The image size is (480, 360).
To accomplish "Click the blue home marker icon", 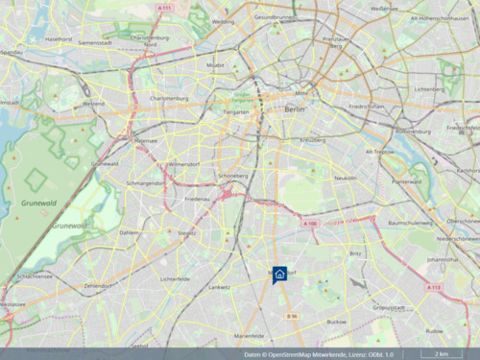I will coord(279,274).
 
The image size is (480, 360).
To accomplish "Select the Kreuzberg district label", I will coord(313,140).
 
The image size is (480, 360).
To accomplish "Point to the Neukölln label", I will coord(345,178).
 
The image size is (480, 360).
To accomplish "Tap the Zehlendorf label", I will coord(99,285).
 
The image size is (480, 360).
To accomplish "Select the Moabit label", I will coord(215,65).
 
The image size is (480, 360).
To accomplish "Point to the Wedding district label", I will coord(223,20).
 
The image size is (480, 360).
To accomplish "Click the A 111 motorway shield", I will coord(164,8).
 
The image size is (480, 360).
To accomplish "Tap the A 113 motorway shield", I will coord(434,287).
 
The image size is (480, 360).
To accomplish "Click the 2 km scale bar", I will coord(441,354).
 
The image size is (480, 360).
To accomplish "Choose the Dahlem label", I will coord(129,232).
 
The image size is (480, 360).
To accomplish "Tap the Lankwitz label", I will coord(219,286).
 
